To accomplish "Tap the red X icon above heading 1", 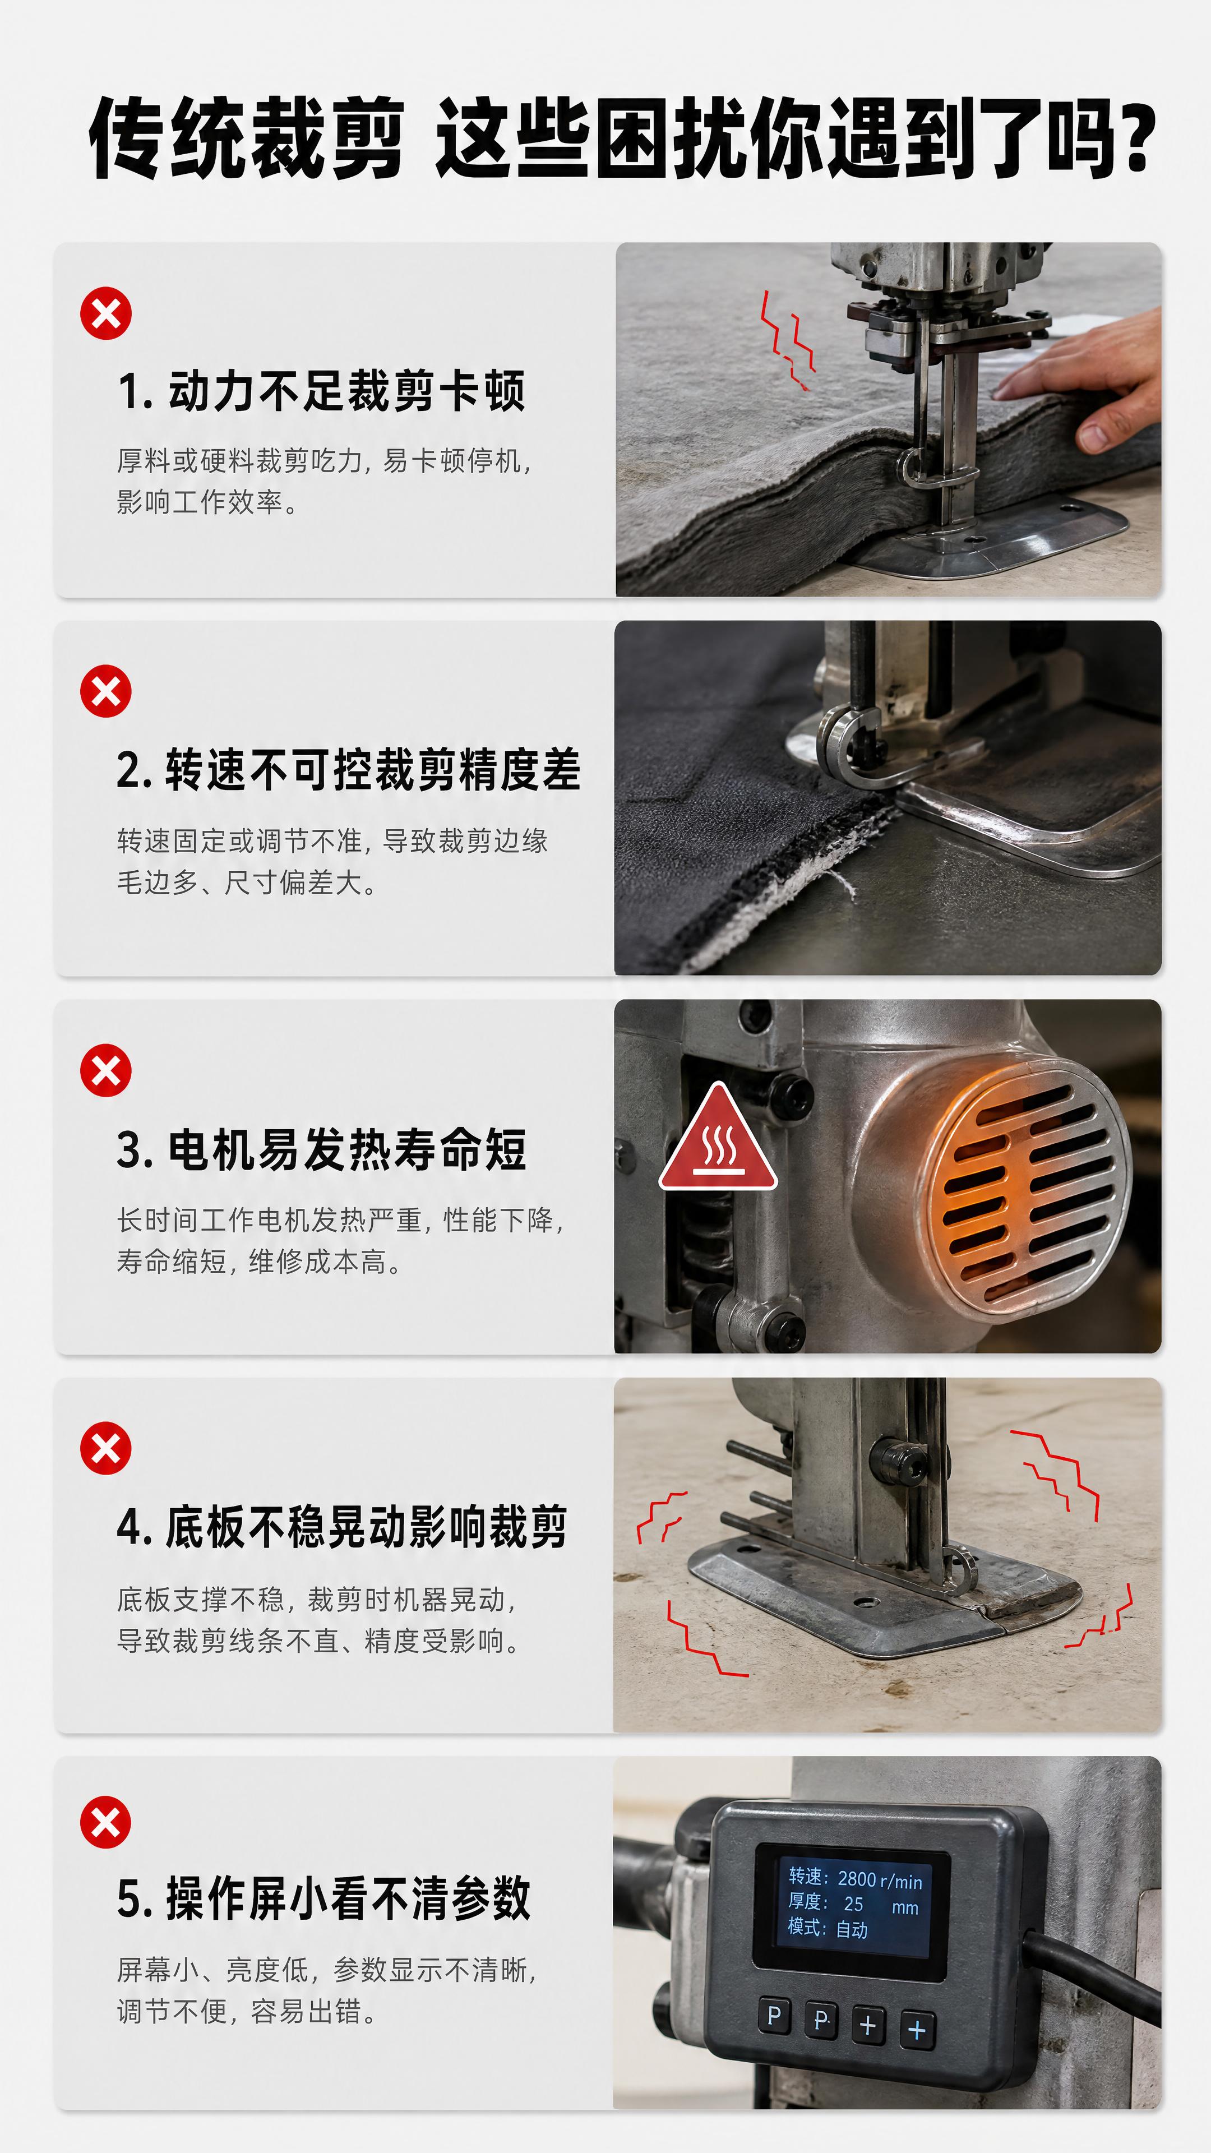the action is click(x=106, y=313).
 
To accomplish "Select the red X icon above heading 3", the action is click(x=106, y=1070).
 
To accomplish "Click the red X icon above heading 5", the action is click(x=106, y=1822).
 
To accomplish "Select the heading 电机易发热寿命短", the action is click(x=347, y=1149).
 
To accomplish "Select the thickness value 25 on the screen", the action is click(x=853, y=1904).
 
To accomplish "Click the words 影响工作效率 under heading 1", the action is click(x=200, y=502).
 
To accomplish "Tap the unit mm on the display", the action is click(x=905, y=1907).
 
